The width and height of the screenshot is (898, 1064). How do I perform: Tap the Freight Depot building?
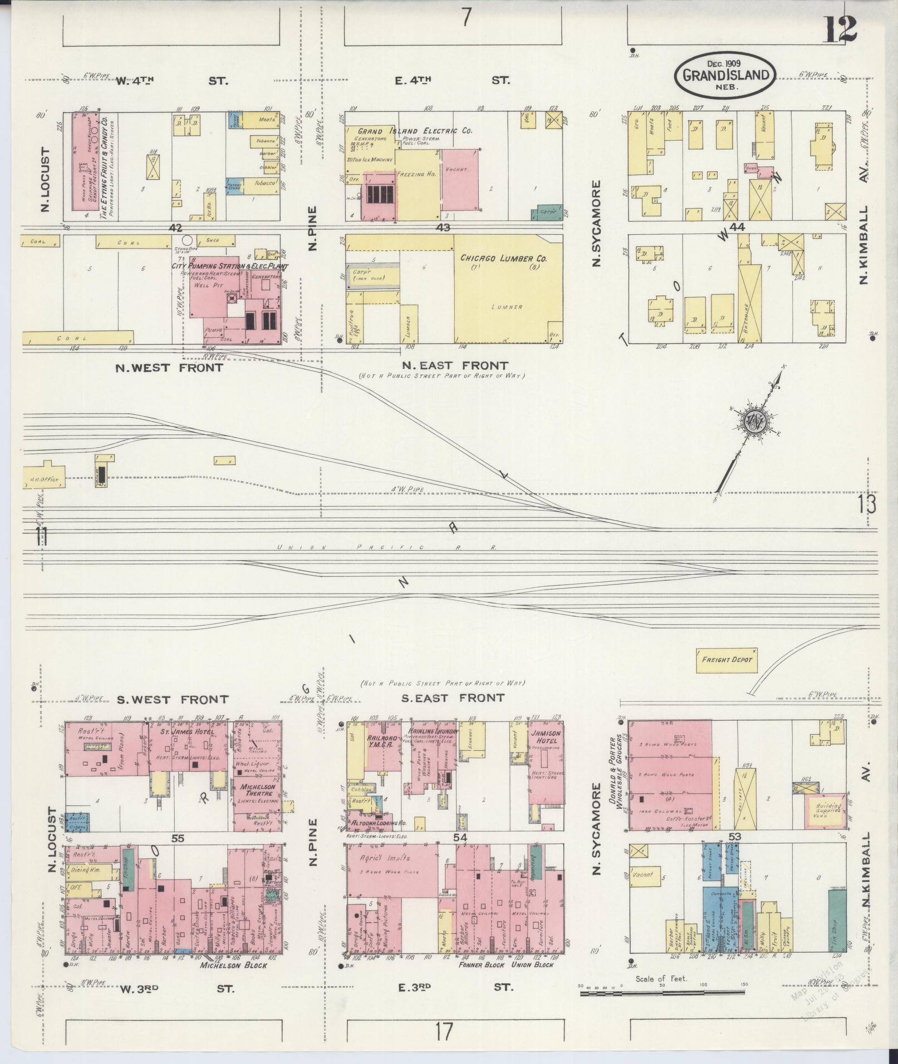(x=727, y=660)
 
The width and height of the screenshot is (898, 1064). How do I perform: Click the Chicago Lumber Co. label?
(x=503, y=259)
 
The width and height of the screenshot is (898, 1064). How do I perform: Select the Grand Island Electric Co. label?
(x=415, y=132)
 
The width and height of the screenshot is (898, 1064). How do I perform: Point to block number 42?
(x=176, y=227)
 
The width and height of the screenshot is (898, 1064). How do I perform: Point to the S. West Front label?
(x=172, y=699)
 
